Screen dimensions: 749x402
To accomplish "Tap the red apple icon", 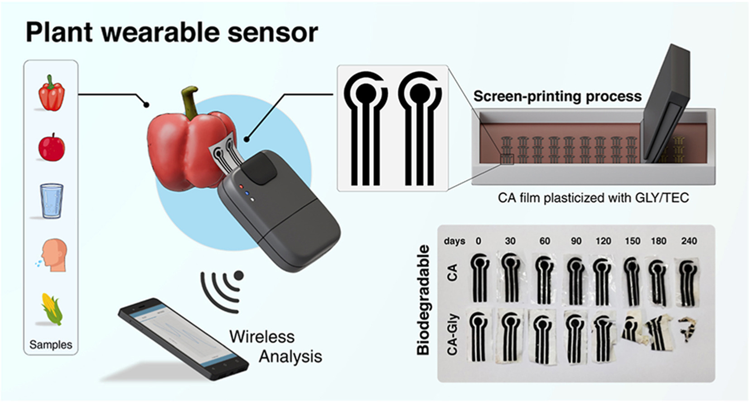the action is coord(52,147).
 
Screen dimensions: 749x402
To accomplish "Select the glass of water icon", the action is coord(52,201).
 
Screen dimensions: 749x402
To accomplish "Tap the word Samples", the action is coord(51,344).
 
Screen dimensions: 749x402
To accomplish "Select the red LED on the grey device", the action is coord(241,186).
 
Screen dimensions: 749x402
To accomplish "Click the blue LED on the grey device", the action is coord(247,193).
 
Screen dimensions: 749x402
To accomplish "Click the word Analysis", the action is coord(290,357).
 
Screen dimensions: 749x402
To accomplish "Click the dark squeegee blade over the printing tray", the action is coord(666,104).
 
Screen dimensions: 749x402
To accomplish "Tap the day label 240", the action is coord(689,241).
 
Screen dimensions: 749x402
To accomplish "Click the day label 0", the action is coord(478,241).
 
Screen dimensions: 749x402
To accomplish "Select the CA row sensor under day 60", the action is coord(544,280).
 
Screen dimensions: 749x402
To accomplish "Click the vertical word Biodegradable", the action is coord(423,300).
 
